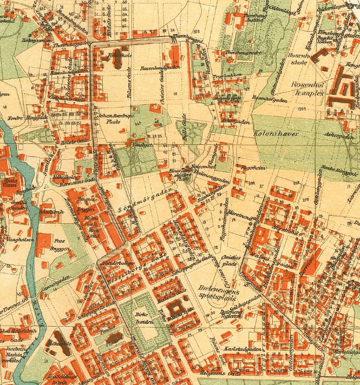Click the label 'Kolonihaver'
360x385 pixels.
pyautogui.click(x=275, y=133)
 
